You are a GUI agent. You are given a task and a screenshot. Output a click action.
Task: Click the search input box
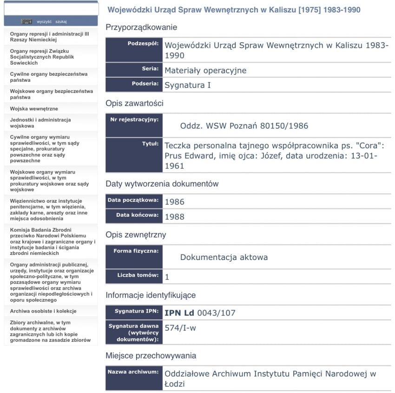pos(51,9)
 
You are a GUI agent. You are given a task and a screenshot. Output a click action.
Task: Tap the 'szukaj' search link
pos(61,21)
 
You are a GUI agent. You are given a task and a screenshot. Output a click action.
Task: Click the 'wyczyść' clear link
pos(44,21)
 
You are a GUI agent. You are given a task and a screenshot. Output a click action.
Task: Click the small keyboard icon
pos(26,21)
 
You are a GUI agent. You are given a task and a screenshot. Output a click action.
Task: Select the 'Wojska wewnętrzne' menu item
pos(34,108)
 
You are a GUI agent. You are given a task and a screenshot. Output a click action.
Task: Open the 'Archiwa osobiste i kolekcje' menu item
pos(43,311)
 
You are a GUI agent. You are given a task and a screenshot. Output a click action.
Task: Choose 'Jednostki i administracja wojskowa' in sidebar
pos(40,123)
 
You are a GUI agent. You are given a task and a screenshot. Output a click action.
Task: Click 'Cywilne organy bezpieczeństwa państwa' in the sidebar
pos(48,77)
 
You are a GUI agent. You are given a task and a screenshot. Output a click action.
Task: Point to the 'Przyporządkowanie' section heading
pos(141,27)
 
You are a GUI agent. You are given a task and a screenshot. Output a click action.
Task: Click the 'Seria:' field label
pos(150,68)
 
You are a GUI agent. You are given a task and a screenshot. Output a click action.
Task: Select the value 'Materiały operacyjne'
pos(205,71)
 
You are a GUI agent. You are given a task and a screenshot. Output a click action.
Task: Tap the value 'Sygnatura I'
pos(188,86)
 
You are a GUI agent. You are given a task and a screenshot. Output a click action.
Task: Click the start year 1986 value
pos(174,202)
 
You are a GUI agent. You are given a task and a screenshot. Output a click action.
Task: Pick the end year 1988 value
pos(174,217)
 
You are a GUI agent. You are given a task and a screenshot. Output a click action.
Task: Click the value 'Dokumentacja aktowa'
pos(224,257)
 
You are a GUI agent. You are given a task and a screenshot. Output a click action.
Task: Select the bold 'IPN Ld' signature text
pos(179,313)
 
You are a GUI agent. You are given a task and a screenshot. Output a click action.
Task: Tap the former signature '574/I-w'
pos(180,328)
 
